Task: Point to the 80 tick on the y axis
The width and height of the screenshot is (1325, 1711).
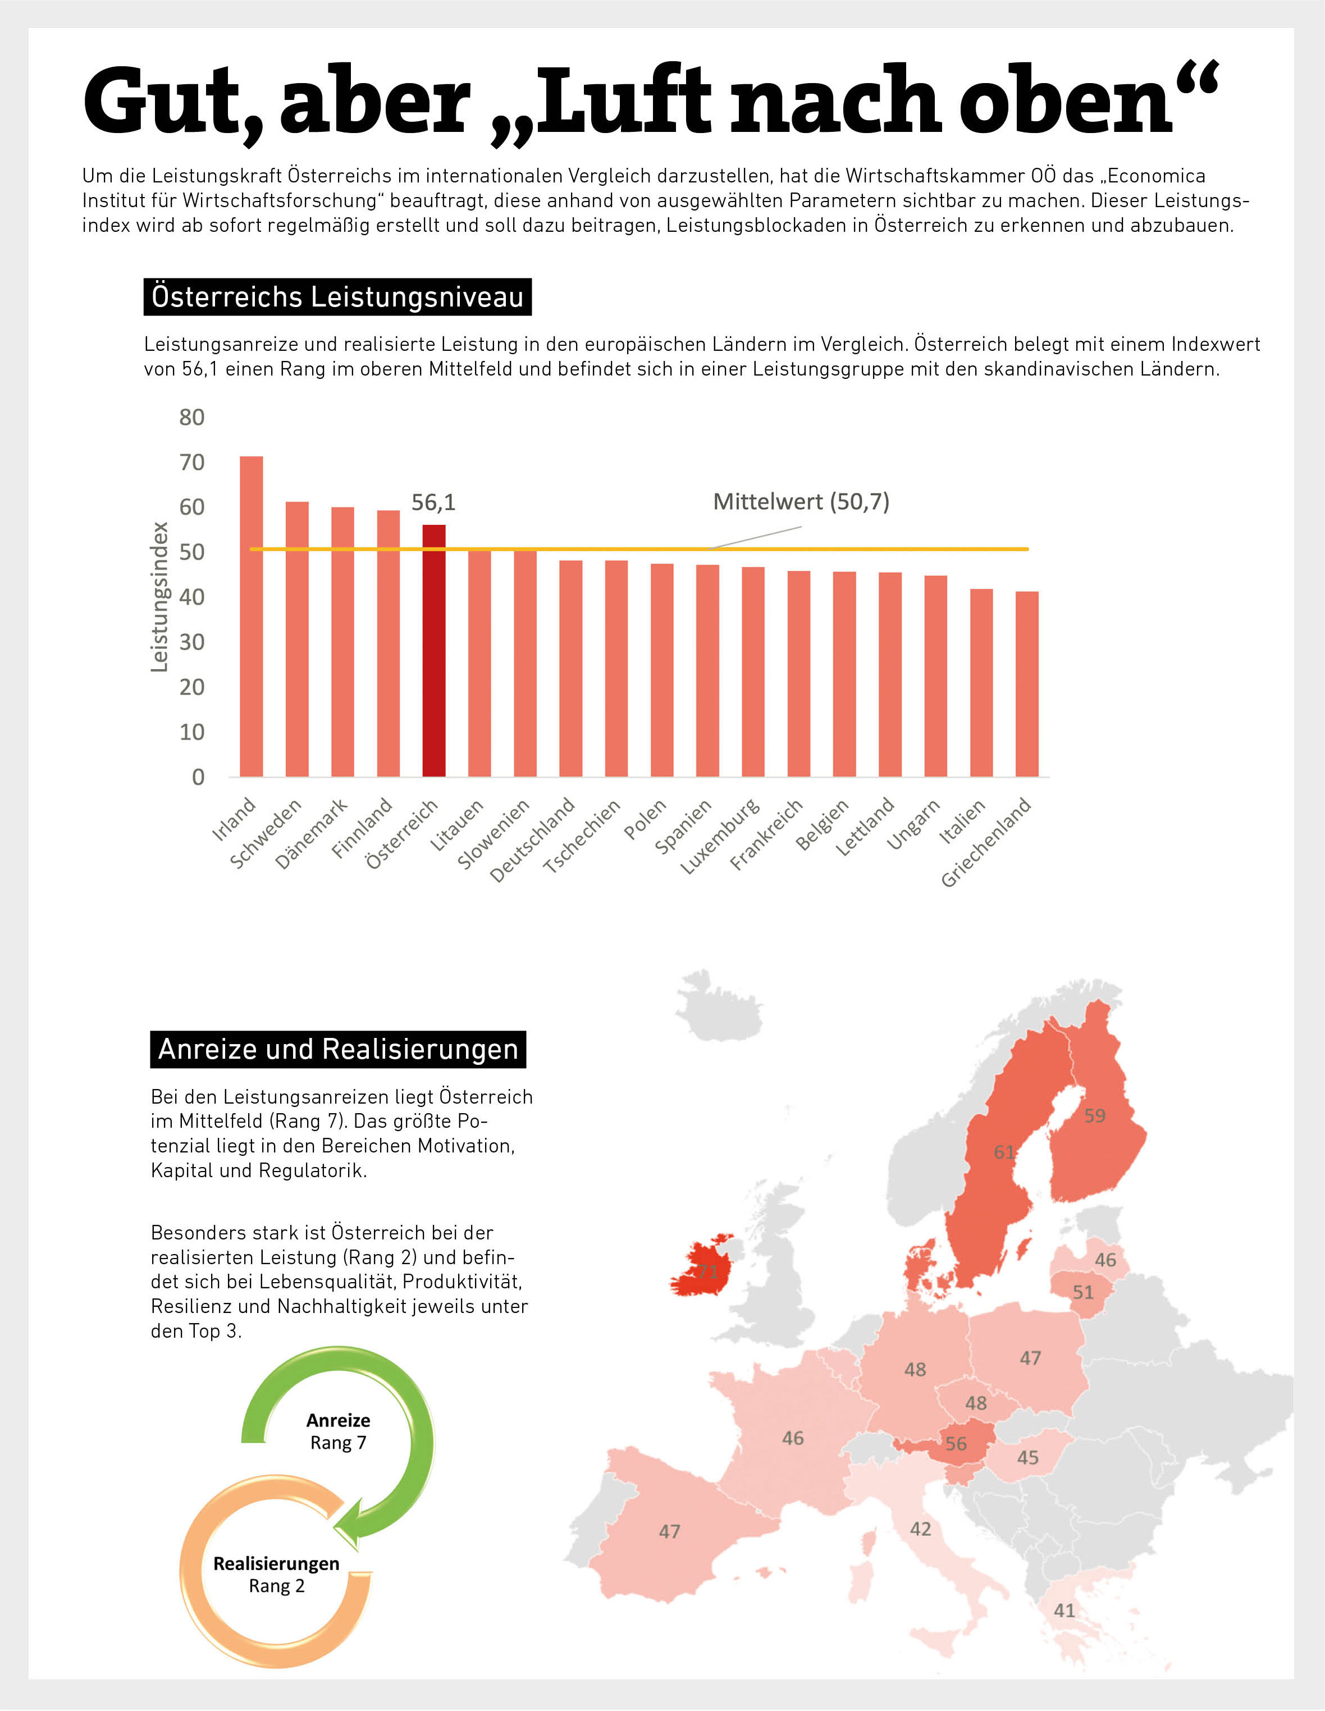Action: coord(192,418)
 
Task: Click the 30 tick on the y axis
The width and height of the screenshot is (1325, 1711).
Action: coord(192,642)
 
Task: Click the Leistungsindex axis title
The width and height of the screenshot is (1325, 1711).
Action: coord(160,597)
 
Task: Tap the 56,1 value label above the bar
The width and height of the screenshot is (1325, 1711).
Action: coord(433,502)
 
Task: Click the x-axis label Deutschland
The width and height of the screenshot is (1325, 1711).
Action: coord(533,839)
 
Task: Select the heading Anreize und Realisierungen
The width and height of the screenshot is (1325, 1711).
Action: coord(338,1049)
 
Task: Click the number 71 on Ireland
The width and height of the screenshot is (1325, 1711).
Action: coord(707,1271)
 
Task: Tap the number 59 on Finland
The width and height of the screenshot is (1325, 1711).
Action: coord(1095,1115)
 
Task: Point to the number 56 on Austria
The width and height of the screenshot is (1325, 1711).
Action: coord(956,1444)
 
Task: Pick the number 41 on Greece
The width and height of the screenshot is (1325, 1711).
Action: coord(1064,1611)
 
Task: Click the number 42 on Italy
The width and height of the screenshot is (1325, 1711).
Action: coord(921,1529)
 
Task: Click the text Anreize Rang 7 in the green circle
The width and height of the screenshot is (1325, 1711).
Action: coord(338,1431)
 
